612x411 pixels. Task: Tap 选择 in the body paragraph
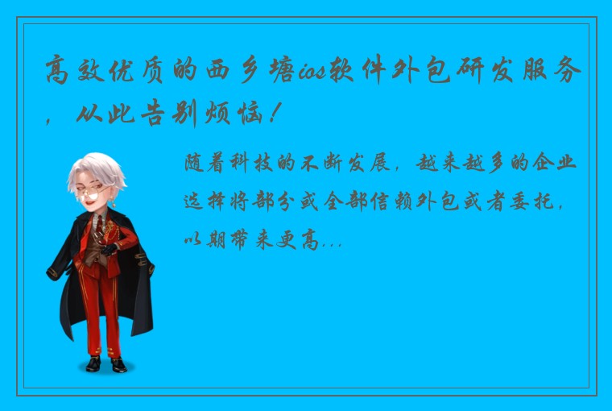point(206,201)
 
